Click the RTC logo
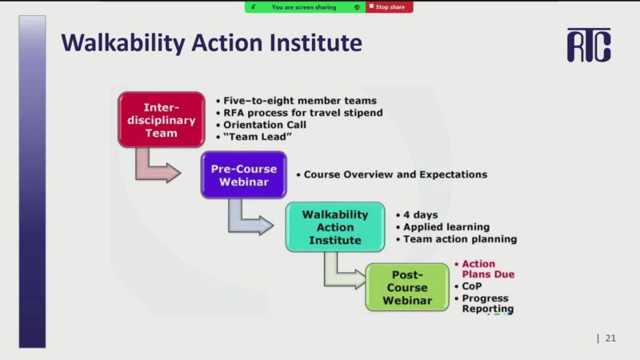[589, 45]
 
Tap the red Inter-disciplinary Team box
[162, 119]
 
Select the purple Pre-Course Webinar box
[244, 175]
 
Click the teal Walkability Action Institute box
[335, 227]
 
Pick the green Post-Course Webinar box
[407, 287]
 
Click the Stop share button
[389, 7]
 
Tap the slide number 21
[610, 338]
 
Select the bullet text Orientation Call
[265, 125]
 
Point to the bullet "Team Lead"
[258, 137]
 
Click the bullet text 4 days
[421, 214]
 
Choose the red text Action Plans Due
[488, 269]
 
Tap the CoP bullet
[472, 286]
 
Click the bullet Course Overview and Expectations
[395, 174]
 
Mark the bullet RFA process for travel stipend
[303, 113]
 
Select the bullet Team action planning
[460, 239]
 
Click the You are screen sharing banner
[305, 7]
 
